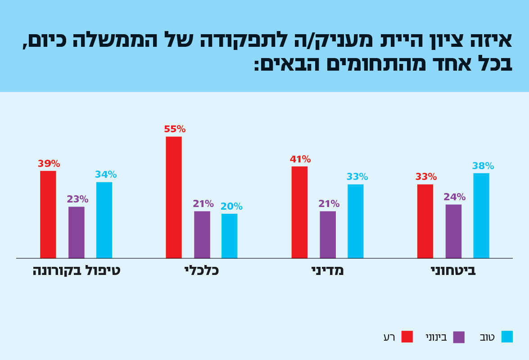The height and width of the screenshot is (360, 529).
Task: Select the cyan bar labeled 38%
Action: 481,216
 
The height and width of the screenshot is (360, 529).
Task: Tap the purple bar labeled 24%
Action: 453,231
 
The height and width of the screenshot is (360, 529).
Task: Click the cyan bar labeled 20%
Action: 229,236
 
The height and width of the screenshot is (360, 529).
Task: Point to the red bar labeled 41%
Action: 299,212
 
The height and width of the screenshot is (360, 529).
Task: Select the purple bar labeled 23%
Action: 77,232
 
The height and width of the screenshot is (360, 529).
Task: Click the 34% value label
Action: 106,175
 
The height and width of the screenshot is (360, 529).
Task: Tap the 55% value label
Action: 175,130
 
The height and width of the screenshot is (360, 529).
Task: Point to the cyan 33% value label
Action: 357,177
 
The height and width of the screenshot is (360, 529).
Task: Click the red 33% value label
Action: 426,177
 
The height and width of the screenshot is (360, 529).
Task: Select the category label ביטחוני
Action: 453,270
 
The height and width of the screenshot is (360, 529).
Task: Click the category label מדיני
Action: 327,270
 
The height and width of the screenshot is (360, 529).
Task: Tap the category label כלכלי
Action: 201,270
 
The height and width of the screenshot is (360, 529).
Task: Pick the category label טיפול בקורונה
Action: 77,270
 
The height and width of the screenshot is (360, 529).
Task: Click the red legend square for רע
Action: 407,337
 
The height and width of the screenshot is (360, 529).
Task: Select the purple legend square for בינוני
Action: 459,337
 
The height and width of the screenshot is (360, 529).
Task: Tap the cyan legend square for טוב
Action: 507,337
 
